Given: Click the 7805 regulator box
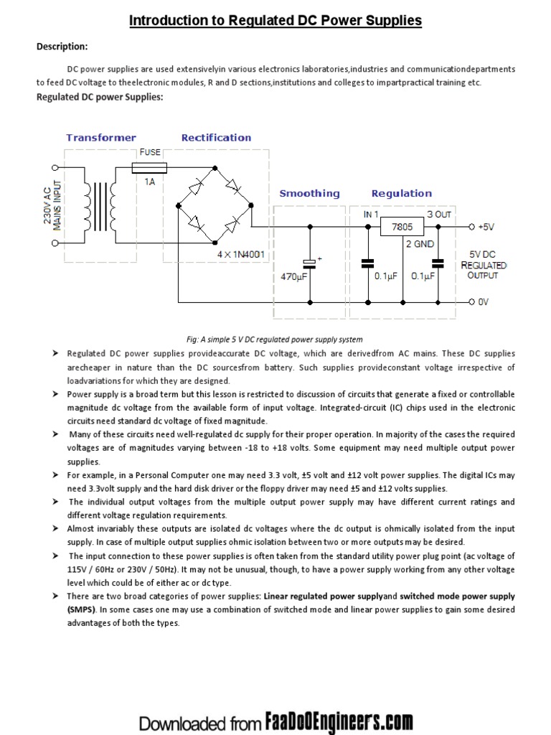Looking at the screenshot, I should [401, 227].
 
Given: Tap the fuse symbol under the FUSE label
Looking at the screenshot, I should [150, 167].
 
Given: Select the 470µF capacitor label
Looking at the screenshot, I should [294, 275].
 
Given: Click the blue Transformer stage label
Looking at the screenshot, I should [101, 137].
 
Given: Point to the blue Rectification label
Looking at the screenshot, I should [216, 137].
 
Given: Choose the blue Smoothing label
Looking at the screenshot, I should [309, 193].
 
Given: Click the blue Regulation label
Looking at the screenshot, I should [401, 193].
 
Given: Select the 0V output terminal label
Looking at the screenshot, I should [483, 302].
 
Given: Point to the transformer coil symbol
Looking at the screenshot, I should [100, 205].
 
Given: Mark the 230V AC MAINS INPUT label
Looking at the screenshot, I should [52, 205].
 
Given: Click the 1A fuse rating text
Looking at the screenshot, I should [150, 182].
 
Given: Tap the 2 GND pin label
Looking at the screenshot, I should [421, 244].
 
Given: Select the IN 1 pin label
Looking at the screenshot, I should [371, 214].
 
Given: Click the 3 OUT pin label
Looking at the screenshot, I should [439, 214].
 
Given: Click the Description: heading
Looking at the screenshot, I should [62, 47].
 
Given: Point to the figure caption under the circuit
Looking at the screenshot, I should [275, 340].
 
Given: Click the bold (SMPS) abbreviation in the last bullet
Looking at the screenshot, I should [81, 609].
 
